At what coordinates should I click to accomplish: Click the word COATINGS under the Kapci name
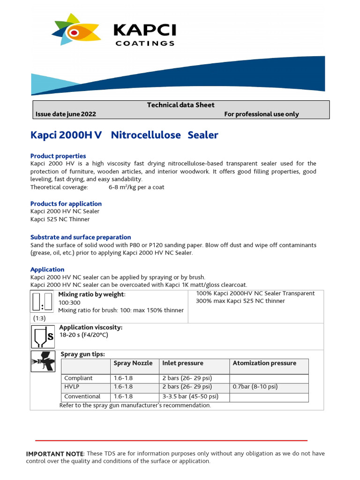[x=145, y=43]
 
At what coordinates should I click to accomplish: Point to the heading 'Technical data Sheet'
[x=180, y=105]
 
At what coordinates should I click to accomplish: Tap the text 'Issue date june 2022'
[x=66, y=114]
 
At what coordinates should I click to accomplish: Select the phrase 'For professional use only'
[x=261, y=114]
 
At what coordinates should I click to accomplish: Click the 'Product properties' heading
[x=58, y=156]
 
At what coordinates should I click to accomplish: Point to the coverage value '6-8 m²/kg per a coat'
[x=136, y=187]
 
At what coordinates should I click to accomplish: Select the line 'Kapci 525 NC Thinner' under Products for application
[x=60, y=219]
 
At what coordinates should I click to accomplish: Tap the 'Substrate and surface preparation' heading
[x=81, y=237]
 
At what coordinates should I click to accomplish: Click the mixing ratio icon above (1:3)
[x=42, y=302]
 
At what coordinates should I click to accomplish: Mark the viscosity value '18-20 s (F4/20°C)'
[x=83, y=336]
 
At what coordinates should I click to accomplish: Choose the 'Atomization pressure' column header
[x=264, y=363]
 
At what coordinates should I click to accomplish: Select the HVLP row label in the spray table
[x=72, y=387]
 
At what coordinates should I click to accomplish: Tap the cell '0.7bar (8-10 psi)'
[x=255, y=387]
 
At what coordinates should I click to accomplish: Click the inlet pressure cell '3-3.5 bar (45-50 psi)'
[x=190, y=397]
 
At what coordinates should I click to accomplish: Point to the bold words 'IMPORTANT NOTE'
[x=54, y=454]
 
